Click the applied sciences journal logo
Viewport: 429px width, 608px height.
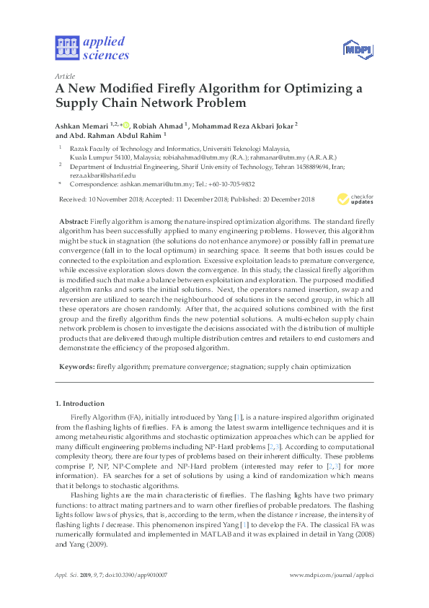click(92, 48)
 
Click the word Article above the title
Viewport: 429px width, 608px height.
click(65, 76)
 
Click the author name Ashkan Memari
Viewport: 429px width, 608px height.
click(82, 125)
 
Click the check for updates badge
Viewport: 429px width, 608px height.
click(355, 199)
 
